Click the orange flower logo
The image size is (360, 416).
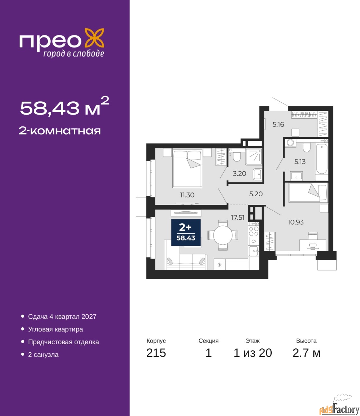(x=94, y=38)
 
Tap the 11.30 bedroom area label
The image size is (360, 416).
(x=187, y=195)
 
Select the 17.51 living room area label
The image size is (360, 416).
(x=238, y=217)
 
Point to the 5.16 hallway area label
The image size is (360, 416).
(x=278, y=124)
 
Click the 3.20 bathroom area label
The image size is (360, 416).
(x=239, y=174)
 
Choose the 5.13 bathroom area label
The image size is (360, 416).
(x=300, y=162)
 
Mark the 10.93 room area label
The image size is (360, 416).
(x=295, y=222)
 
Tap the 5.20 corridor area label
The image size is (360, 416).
(x=256, y=194)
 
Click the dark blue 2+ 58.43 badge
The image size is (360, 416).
(x=186, y=232)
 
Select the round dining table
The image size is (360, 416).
(x=223, y=235)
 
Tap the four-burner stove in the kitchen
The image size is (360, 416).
(x=254, y=231)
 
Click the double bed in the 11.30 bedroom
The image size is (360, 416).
(x=187, y=168)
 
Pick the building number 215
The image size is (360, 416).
(x=156, y=353)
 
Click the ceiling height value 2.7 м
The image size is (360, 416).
(x=306, y=353)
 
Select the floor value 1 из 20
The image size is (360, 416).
(x=253, y=353)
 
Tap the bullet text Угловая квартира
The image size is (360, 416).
(x=56, y=329)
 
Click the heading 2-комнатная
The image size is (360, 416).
(x=60, y=131)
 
